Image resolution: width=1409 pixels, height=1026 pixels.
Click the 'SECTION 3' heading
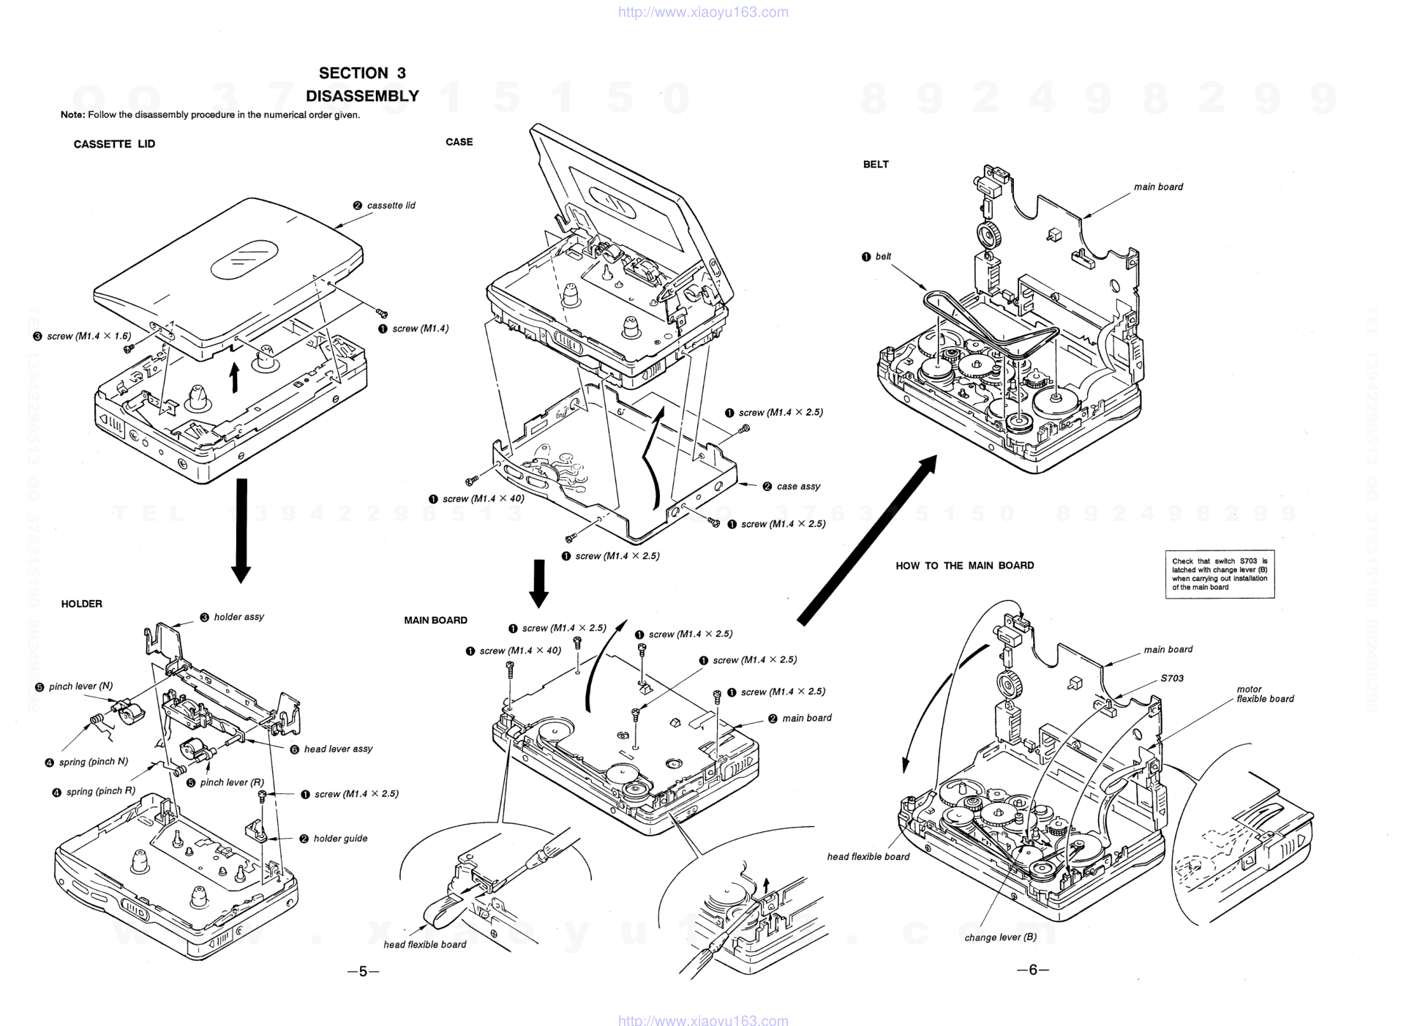pyautogui.click(x=361, y=73)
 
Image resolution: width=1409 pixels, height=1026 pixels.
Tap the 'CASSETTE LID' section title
pyautogui.click(x=114, y=144)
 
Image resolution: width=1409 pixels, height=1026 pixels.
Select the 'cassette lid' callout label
pyautogui.click(x=391, y=206)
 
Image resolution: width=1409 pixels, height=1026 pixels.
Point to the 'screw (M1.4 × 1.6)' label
pyautogui.click(x=89, y=337)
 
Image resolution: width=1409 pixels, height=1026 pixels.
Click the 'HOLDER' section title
pyautogui.click(x=81, y=604)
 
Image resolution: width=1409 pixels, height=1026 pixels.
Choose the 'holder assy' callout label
pyautogui.click(x=238, y=617)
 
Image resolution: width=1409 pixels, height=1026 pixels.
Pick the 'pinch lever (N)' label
pyautogui.click(x=80, y=686)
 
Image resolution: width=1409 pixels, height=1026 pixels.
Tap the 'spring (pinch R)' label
pyautogui.click(x=100, y=791)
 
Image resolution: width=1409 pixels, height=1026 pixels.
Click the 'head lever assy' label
pyautogui.click(x=338, y=749)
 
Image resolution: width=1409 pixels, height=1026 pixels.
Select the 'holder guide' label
pyautogui.click(x=340, y=839)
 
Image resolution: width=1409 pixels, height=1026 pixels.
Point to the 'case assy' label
pyautogui.click(x=798, y=486)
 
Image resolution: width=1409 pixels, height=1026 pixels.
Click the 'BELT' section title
pyautogui.click(x=876, y=165)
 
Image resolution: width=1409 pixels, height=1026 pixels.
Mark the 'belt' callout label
pyautogui.click(x=883, y=257)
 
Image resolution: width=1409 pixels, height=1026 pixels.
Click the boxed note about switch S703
pyautogui.click(x=1220, y=574)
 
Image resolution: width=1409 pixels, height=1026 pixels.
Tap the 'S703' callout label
pyautogui.click(x=1172, y=678)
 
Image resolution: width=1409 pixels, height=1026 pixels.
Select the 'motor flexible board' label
pyautogui.click(x=1265, y=694)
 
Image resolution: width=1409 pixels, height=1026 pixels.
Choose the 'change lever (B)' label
pyautogui.click(x=1000, y=937)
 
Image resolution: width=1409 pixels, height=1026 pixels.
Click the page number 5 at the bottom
pyautogui.click(x=363, y=972)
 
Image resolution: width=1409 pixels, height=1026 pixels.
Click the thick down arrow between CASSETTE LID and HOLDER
pyautogui.click(x=241, y=531)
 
